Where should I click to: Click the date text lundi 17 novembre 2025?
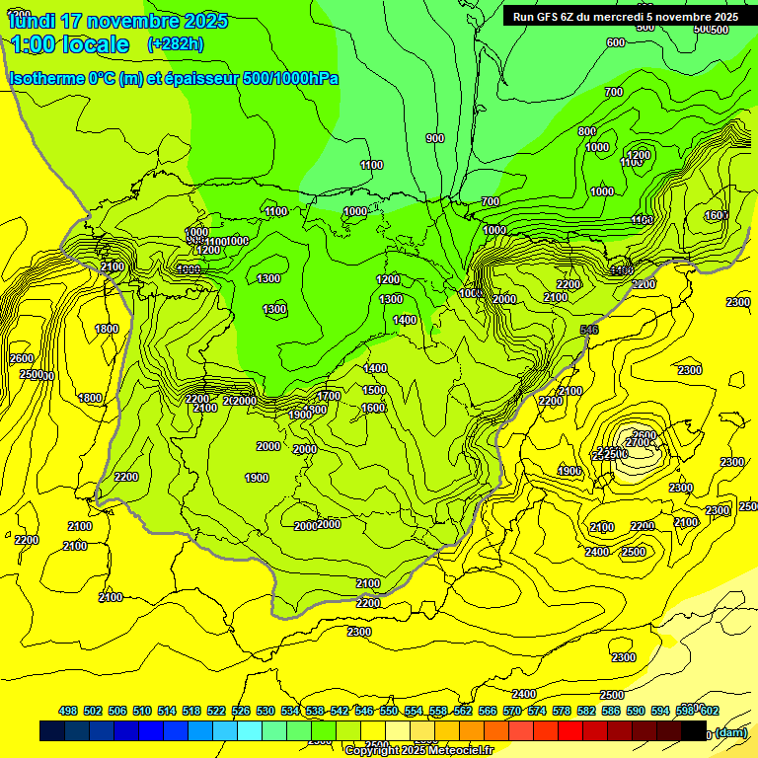117,21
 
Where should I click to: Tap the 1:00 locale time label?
69,44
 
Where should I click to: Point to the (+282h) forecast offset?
175,44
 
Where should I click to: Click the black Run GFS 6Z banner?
625,16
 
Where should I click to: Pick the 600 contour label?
615,42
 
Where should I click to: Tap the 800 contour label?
586,131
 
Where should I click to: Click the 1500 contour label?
375,390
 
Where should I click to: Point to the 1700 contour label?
329,396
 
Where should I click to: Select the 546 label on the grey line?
589,330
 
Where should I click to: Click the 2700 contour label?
637,443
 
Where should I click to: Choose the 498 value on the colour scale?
68,711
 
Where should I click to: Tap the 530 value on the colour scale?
265,711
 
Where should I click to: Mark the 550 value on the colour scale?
389,711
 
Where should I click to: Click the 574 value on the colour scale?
537,711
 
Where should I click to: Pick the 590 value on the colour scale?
636,711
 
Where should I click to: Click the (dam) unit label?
730,731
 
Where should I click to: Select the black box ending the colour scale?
694,731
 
